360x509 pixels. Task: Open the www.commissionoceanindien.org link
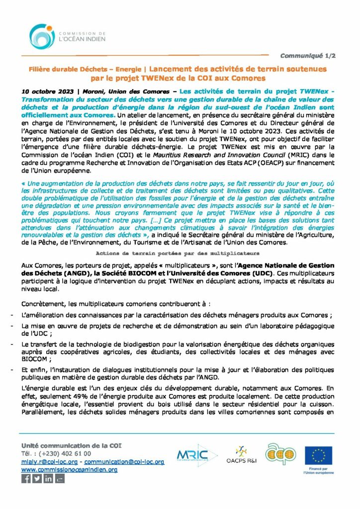coord(69,469)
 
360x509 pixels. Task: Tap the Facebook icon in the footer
coord(26,479)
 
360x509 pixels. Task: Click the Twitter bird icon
coord(37,479)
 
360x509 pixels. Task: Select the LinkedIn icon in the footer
coord(48,479)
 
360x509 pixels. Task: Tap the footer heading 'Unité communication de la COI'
coord(71,445)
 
